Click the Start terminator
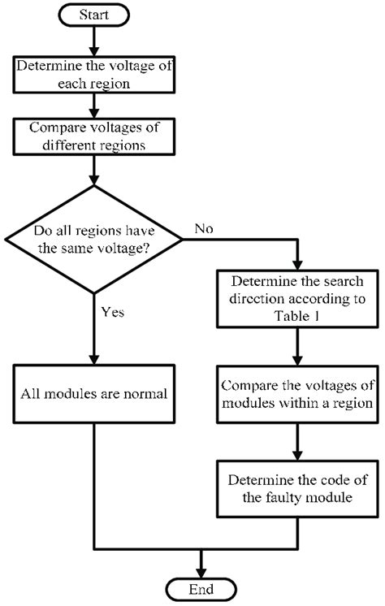click(93, 15)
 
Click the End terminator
click(201, 590)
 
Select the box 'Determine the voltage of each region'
click(94, 75)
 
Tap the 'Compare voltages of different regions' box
click(94, 136)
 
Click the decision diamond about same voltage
click(93, 240)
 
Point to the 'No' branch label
click(204, 228)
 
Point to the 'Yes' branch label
click(112, 312)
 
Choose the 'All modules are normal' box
click(94, 394)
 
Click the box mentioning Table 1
click(297, 299)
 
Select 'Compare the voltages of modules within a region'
click(297, 394)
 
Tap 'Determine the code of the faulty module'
click(297, 489)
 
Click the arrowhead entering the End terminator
click(201, 574)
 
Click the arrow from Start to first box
click(93, 41)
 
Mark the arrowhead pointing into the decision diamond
click(93, 180)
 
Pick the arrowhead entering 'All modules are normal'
click(93, 359)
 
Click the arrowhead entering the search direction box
click(297, 265)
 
